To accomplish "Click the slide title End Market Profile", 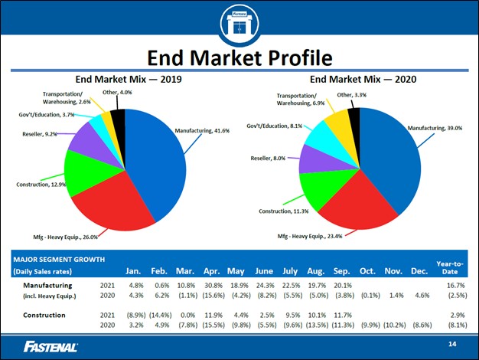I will pyautogui.click(x=239, y=58).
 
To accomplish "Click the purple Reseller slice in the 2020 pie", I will pyautogui.click(x=311, y=159).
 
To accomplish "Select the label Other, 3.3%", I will pyautogui.click(x=351, y=95).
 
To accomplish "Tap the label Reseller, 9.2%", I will pyautogui.click(x=40, y=134).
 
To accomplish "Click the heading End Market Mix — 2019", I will pyautogui.click(x=128, y=78).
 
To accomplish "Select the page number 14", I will pyautogui.click(x=452, y=346).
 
